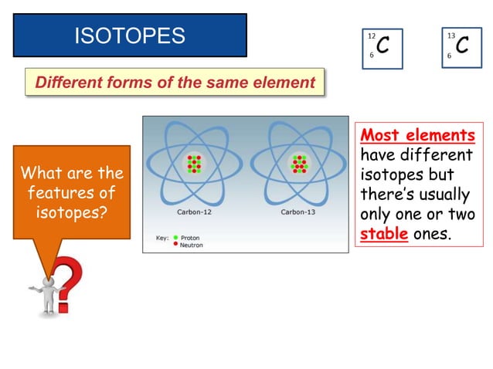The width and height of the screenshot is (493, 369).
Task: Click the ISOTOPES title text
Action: click(x=129, y=35)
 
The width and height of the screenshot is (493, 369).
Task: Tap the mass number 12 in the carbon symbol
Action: click(x=372, y=36)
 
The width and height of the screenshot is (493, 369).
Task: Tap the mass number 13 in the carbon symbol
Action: click(x=451, y=36)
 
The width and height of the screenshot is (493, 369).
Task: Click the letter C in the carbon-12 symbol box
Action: click(x=382, y=46)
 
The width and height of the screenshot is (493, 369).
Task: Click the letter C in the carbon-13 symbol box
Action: click(x=462, y=46)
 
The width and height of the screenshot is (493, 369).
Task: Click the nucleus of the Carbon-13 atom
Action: click(x=298, y=164)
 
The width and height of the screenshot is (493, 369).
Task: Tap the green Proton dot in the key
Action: click(x=177, y=237)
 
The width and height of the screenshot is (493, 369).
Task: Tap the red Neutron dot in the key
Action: click(x=177, y=244)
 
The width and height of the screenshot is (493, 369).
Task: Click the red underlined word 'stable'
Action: click(x=384, y=233)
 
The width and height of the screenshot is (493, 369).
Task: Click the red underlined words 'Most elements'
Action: click(x=418, y=136)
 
